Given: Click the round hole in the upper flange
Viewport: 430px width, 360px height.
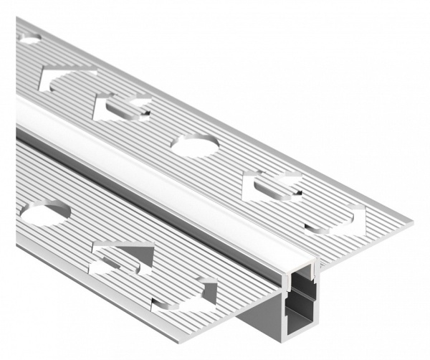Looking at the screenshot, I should click(195, 146).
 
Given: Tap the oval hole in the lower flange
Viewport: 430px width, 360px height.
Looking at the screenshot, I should click(46, 212).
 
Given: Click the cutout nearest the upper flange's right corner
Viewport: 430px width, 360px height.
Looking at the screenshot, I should click(337, 219).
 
